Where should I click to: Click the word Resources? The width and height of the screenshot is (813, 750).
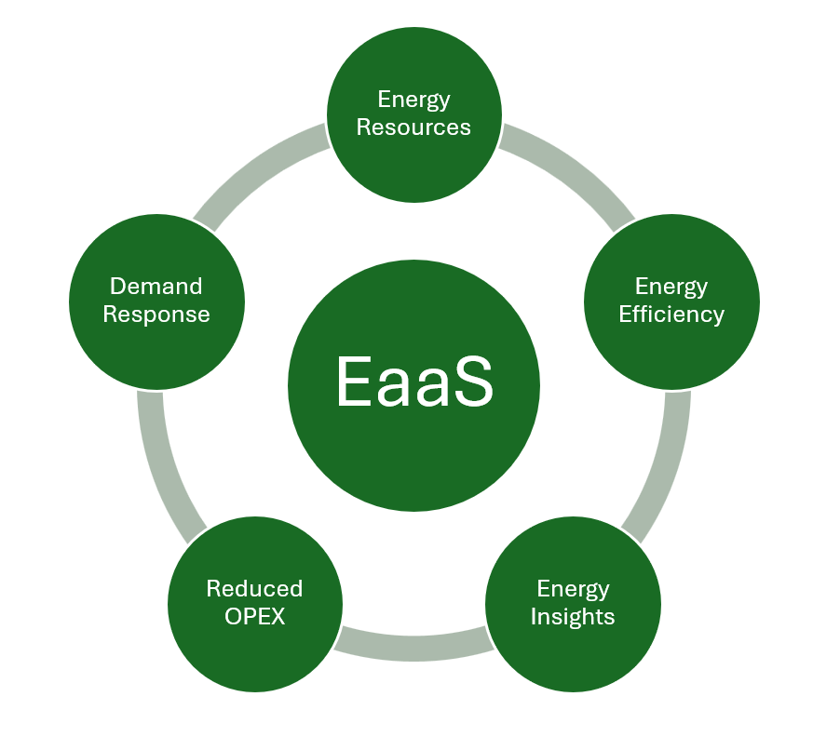tap(413, 127)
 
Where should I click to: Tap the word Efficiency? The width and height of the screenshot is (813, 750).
tap(671, 315)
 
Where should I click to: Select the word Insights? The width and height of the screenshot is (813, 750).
tap(573, 617)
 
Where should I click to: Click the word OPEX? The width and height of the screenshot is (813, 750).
tap(254, 617)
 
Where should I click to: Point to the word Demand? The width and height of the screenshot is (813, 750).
tap(156, 286)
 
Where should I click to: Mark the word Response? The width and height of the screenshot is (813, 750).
tap(156, 315)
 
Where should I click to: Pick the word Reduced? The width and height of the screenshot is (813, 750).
tap(254, 589)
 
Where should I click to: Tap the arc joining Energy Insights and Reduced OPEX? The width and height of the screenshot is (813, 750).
tap(413, 646)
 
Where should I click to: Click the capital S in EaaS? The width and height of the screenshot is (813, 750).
tap(470, 382)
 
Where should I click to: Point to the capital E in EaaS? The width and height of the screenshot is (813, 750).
tap(354, 382)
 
